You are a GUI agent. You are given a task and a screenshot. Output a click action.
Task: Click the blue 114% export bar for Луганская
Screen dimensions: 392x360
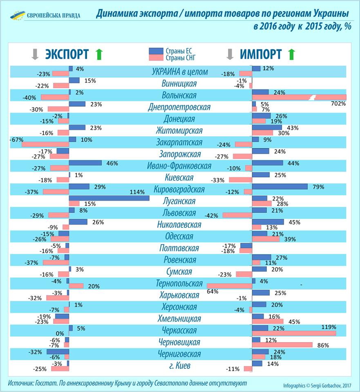[109, 198]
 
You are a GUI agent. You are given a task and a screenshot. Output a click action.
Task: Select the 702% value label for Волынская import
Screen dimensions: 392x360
[339, 104]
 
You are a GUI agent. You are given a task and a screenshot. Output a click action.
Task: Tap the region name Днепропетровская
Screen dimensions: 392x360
[179, 107]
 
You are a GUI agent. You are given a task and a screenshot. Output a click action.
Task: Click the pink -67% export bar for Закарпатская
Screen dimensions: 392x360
[45, 144]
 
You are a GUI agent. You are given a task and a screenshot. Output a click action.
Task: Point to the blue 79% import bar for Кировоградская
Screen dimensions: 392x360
[280, 186]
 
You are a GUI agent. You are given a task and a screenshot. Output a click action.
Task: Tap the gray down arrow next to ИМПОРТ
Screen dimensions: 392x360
[230, 54]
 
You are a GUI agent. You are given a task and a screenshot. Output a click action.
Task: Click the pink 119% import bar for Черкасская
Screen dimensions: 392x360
[294, 333]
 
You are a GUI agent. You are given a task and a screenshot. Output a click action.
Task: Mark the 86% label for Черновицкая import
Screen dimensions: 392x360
[323, 345]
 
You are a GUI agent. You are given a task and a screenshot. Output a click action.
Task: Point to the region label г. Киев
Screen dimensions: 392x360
[180, 365]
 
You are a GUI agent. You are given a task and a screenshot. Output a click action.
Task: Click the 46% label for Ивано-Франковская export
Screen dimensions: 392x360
[112, 163]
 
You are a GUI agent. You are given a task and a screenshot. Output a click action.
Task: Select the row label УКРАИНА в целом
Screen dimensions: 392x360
[180, 72]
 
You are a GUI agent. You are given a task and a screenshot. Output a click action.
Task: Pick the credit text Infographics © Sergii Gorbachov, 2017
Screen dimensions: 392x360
[317, 385]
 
